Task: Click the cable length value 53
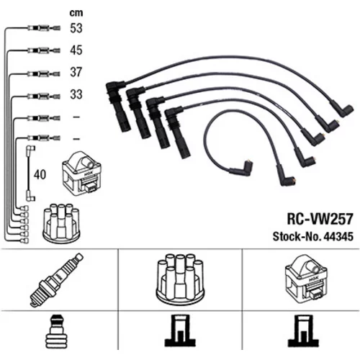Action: click(x=76, y=28)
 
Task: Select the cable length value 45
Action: click(x=76, y=50)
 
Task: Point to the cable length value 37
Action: click(x=76, y=72)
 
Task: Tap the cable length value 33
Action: click(x=76, y=94)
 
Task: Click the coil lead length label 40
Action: click(x=40, y=174)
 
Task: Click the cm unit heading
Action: click(x=76, y=13)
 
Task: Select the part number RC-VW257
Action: click(x=320, y=219)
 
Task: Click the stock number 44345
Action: click(x=338, y=236)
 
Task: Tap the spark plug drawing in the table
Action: click(x=57, y=280)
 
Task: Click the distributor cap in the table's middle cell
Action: click(x=180, y=279)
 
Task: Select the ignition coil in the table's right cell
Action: click(x=306, y=279)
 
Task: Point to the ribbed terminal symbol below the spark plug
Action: click(x=57, y=332)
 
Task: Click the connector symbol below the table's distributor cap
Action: click(x=180, y=330)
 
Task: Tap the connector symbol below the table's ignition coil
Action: click(x=304, y=330)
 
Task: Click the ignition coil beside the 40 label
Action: click(x=81, y=174)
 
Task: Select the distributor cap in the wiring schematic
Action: click(x=62, y=223)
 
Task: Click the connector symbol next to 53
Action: click(x=44, y=28)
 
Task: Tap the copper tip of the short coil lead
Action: click(x=250, y=161)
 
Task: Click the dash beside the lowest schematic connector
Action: click(x=76, y=139)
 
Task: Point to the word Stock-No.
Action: click(x=297, y=236)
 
